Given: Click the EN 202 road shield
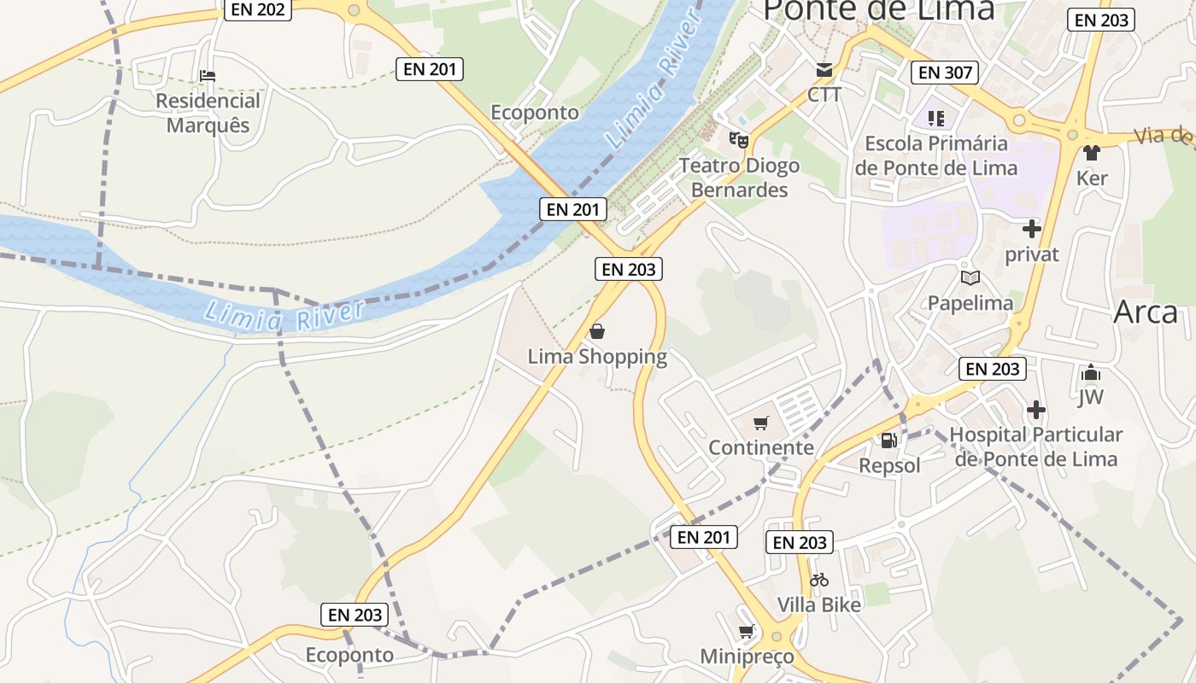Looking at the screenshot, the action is tap(258, 9).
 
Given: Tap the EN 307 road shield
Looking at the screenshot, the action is tap(944, 73).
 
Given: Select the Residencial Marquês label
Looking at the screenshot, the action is tap(208, 113).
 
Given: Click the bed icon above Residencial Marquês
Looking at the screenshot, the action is tap(208, 76).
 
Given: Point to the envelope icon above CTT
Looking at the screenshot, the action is tap(824, 70).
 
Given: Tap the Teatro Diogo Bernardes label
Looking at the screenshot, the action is tap(739, 178).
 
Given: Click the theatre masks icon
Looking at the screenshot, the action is tap(738, 138).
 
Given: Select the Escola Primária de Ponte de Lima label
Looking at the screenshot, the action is tap(936, 155).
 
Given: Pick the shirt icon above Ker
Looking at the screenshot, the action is tap(1092, 153).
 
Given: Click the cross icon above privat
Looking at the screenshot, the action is tap(1032, 229).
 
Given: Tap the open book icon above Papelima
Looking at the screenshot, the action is tap(970, 277).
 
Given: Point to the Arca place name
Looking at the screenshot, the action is tap(1146, 313).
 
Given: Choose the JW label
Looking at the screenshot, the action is tap(1091, 397).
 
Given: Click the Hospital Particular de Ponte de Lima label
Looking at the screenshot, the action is tap(1035, 447).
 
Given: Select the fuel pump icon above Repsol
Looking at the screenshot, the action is tap(889, 441).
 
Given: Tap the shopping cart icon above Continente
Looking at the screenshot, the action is tap(761, 423).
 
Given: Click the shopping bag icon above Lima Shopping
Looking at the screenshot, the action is tap(597, 331).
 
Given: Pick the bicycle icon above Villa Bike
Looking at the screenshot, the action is tap(819, 580).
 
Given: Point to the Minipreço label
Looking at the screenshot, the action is tap(747, 657).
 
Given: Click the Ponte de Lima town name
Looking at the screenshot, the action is tap(879, 10).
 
